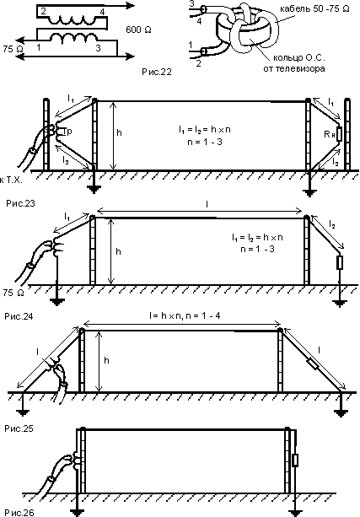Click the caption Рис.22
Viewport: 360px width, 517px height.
click(157, 72)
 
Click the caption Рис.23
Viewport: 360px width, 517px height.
click(20, 203)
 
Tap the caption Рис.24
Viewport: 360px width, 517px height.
click(19, 316)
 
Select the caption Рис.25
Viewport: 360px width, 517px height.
click(19, 428)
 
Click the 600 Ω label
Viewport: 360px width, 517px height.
click(138, 30)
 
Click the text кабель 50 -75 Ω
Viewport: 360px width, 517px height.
click(314, 9)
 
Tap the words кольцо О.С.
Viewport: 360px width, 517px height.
click(299, 58)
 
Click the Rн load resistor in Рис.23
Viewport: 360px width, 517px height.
click(339, 134)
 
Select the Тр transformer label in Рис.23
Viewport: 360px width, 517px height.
click(67, 132)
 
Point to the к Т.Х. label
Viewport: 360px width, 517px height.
click(12, 180)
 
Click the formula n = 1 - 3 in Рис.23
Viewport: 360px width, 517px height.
click(204, 143)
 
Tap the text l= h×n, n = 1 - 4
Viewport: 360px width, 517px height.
click(185, 316)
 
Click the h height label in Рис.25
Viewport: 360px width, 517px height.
click(106, 360)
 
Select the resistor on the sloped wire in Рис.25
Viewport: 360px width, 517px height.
click(313, 365)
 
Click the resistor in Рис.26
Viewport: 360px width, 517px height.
click(295, 460)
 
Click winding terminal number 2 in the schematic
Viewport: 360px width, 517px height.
click(44, 12)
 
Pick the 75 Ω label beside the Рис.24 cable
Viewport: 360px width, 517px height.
click(13, 293)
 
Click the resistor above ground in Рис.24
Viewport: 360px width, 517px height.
click(340, 262)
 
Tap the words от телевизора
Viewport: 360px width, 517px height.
click(294, 68)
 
